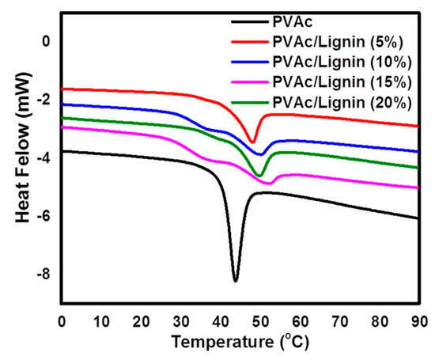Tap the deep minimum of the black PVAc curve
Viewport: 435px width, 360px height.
[x=235, y=280]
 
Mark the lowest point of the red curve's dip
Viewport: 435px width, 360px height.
[x=252, y=142]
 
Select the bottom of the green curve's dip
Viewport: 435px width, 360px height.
[x=259, y=175]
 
